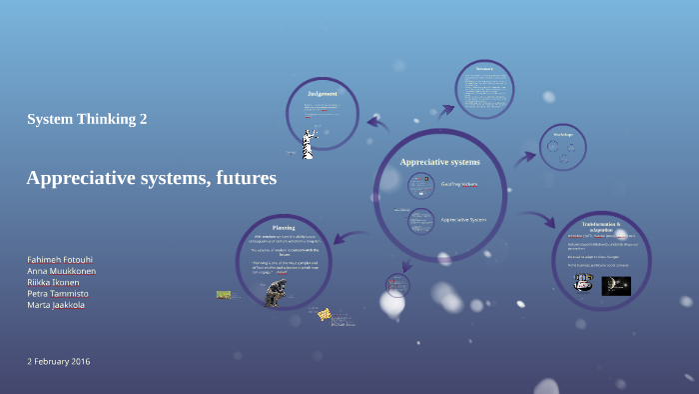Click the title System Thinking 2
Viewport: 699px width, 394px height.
[87, 119]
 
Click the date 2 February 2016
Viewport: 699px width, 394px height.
[59, 360]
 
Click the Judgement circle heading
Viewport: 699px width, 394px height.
[322, 94]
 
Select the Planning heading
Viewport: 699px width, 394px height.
[284, 227]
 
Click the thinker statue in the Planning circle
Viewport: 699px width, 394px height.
[274, 292]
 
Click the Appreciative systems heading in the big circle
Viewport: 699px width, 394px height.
[440, 161]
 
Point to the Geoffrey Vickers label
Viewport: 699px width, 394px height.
[459, 184]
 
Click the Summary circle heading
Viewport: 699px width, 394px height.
[485, 69]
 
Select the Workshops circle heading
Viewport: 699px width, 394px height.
[562, 133]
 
